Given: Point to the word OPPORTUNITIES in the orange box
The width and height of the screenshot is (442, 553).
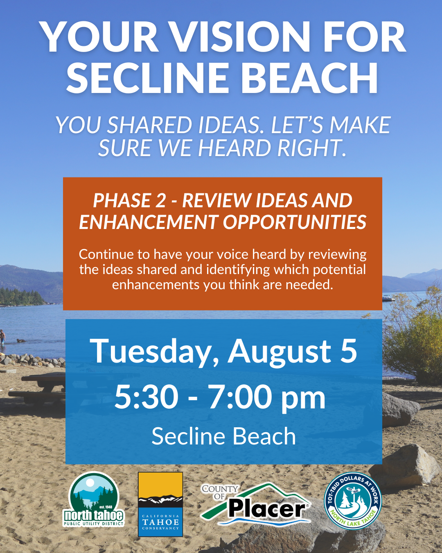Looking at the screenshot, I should (x=294, y=222).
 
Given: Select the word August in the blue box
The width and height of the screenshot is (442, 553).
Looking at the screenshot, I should (x=280, y=351).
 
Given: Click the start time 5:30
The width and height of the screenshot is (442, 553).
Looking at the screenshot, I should (x=146, y=397).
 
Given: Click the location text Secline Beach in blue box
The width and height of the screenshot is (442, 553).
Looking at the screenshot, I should (x=223, y=436).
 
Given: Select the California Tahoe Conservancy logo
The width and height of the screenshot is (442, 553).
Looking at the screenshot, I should (x=160, y=504).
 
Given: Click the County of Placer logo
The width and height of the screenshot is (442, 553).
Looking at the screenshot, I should (x=256, y=504).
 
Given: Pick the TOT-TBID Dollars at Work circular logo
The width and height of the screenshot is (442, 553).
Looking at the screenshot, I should (x=353, y=501).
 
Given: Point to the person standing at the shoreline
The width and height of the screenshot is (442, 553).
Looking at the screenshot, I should (x=2, y=337).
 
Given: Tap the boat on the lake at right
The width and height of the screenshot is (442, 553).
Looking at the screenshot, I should (x=388, y=298).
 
